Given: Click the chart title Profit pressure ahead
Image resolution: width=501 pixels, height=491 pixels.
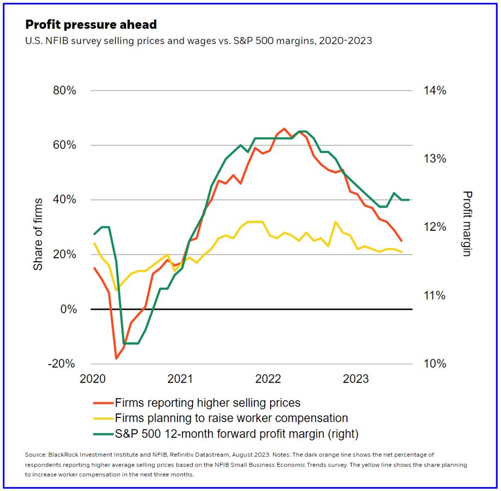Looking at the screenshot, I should click(91, 24).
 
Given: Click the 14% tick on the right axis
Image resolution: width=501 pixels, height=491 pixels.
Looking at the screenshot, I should click(434, 90).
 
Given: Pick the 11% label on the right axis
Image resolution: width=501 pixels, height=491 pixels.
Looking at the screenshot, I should click(434, 296).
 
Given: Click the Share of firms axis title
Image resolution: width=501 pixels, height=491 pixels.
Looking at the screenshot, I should click(38, 227).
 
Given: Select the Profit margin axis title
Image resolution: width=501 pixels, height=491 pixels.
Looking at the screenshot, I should click(467, 223).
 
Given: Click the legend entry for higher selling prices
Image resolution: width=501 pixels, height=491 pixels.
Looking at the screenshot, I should click(207, 403).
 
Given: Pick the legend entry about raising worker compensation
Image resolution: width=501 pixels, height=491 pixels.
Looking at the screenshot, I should click(231, 419).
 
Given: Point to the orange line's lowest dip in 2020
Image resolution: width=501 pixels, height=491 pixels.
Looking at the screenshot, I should click(116, 358).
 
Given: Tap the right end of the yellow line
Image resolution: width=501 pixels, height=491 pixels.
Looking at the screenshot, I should click(402, 252).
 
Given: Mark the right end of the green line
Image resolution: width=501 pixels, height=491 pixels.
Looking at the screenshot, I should click(409, 200).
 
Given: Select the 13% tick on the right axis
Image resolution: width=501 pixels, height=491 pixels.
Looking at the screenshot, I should click(434, 159).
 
